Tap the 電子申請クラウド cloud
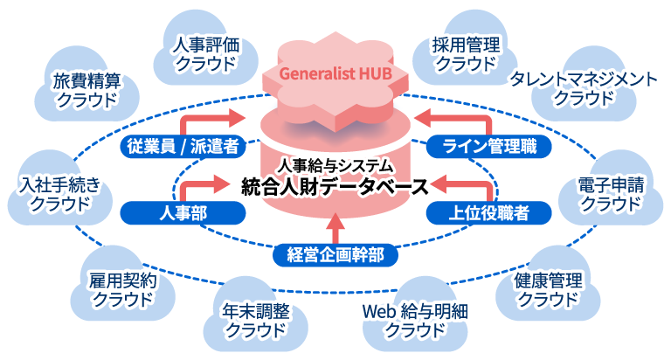[x=611, y=194]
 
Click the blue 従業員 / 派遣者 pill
[x=182, y=146]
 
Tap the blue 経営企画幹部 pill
[x=335, y=254]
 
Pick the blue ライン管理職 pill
[x=489, y=146]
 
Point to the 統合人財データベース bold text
[x=335, y=186]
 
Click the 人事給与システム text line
[x=335, y=164]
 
